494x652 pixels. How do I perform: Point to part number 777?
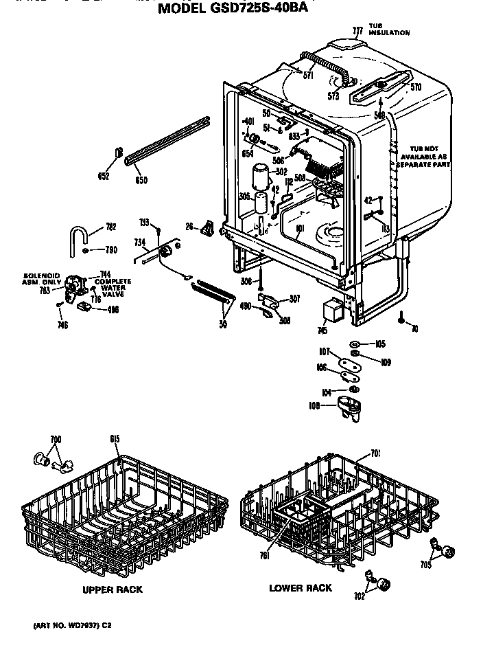point(357,31)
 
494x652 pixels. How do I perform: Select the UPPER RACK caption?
point(113,589)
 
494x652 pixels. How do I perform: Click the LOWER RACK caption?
point(300,588)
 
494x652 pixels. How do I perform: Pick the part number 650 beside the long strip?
point(141,181)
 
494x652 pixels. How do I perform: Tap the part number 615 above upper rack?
point(115,439)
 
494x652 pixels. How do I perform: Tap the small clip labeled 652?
point(119,153)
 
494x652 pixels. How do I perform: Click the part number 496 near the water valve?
point(113,309)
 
